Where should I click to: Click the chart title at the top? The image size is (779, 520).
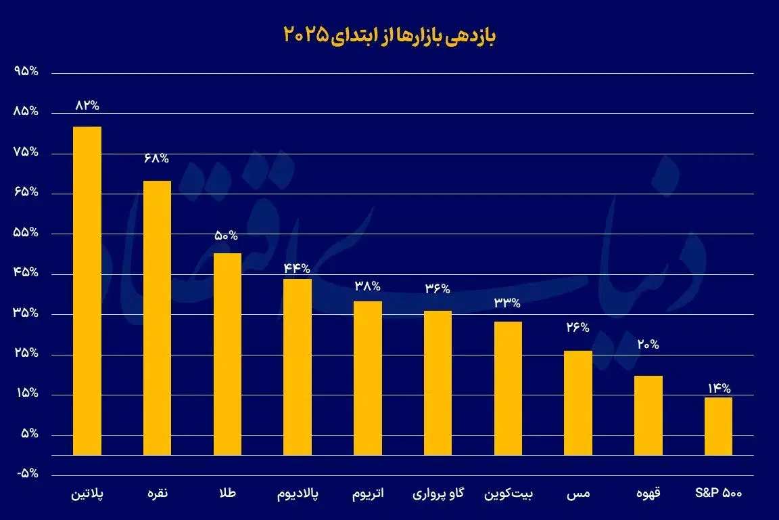(x=389, y=36)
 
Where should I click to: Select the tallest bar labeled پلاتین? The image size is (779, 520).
(x=87, y=291)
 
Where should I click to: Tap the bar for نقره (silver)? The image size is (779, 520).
(x=157, y=318)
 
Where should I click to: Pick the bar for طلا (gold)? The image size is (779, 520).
(x=227, y=354)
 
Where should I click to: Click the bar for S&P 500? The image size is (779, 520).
(x=717, y=427)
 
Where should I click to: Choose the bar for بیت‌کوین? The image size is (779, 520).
(x=508, y=388)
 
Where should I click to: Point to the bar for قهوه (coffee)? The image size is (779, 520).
(x=648, y=415)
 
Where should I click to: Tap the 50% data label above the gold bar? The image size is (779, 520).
(x=227, y=236)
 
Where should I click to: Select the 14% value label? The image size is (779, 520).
(x=719, y=389)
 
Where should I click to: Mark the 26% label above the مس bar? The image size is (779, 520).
(x=578, y=328)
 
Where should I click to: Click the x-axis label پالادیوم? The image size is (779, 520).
(x=298, y=494)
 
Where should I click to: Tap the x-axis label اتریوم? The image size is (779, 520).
(x=368, y=494)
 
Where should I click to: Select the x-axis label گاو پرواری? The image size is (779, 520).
(x=438, y=494)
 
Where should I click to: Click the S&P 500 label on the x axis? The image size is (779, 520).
(x=719, y=494)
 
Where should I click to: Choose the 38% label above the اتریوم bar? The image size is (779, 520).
(x=368, y=286)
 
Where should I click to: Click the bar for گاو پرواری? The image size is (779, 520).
(x=438, y=383)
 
